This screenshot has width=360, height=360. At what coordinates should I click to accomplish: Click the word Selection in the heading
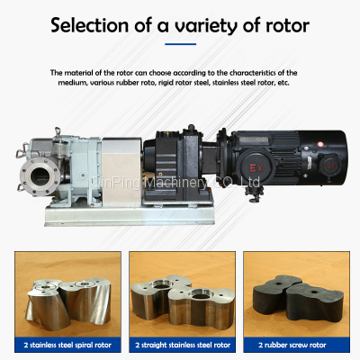coord(89,25)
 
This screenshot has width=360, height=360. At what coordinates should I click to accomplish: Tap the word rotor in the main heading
coord(287,26)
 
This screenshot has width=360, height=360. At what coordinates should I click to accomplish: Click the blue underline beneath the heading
coord(180,44)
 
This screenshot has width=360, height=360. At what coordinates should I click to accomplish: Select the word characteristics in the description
coord(253,73)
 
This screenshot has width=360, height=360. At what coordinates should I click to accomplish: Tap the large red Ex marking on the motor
coord(256,168)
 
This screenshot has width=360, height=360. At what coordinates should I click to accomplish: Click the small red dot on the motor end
coord(320,144)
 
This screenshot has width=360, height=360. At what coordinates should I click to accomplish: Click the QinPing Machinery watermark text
coord(175,182)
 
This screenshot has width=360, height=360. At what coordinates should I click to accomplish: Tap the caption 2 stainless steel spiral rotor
coord(67,345)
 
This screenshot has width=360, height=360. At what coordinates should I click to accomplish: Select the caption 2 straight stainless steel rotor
coord(183,345)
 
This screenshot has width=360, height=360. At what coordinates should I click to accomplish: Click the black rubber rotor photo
coord(296,294)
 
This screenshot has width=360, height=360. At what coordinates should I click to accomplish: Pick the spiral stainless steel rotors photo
coord(67,294)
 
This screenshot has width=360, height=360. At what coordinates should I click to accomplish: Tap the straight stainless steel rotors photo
coord(183,294)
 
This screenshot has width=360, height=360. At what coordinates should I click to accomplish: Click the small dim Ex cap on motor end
coord(330,166)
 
